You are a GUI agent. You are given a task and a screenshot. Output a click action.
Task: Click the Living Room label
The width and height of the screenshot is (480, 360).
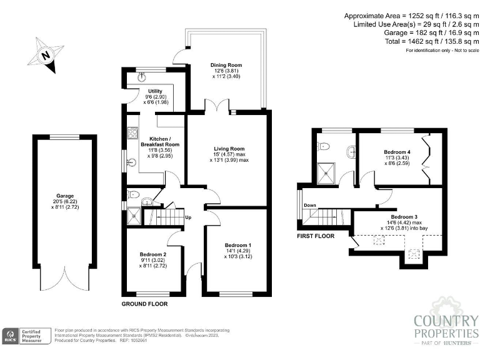point(229,149)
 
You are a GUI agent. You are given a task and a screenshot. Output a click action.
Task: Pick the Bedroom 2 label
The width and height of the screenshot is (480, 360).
point(152,254)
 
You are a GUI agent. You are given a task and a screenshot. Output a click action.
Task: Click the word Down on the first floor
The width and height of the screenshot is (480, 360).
point(310,205)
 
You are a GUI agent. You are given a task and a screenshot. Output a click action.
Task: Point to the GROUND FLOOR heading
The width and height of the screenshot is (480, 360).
point(144,304)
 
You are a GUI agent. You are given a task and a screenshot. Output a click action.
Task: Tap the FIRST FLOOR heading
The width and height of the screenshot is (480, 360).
point(316,236)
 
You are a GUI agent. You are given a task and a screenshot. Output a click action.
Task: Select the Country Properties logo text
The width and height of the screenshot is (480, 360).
point(446,329)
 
